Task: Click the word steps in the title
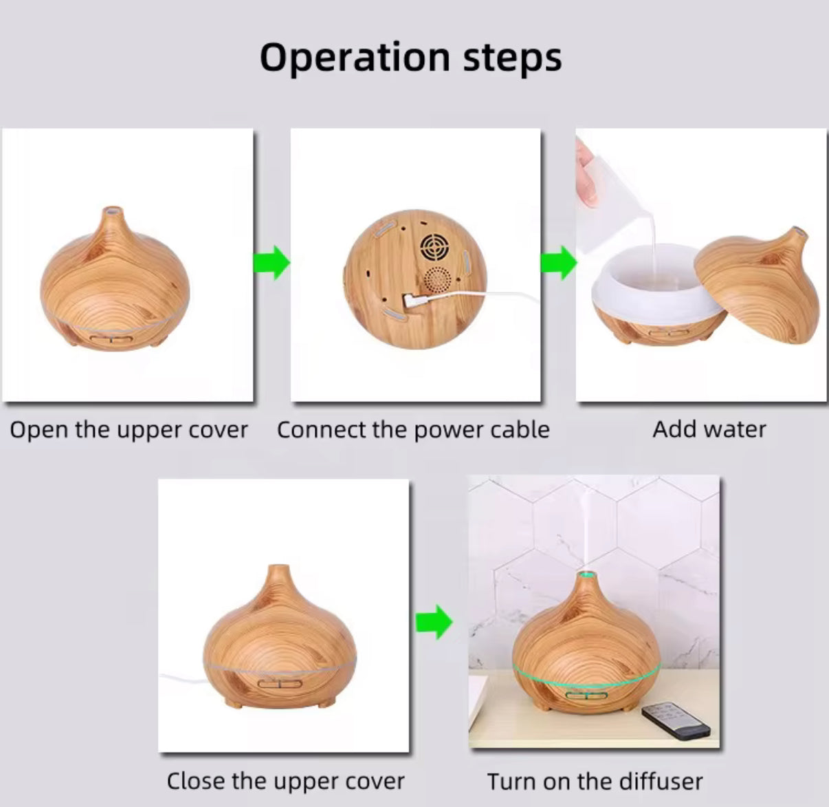click(x=513, y=60)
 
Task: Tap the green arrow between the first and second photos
click(x=272, y=263)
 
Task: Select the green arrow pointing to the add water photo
click(x=558, y=263)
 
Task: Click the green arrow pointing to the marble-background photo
click(x=434, y=622)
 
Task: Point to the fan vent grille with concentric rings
click(x=436, y=247)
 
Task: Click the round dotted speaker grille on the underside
click(x=437, y=280)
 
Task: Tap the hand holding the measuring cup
click(x=586, y=174)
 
